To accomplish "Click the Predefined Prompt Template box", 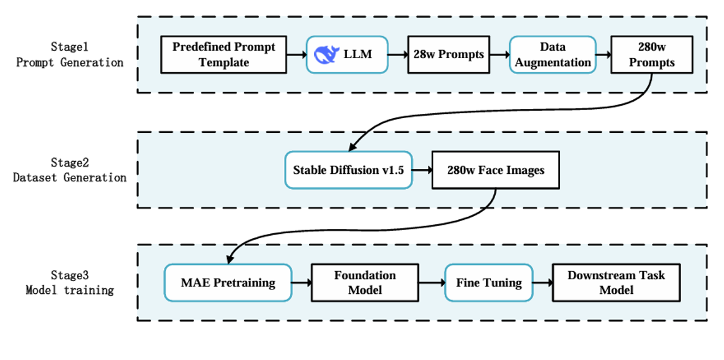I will [x=223, y=54].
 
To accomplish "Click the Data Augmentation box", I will [x=552, y=54].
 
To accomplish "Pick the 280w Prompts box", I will [x=651, y=54].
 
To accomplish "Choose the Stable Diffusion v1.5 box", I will [x=348, y=170].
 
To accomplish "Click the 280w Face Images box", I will [x=495, y=170].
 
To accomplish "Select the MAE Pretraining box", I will [x=228, y=283].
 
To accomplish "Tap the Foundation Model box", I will [x=364, y=283].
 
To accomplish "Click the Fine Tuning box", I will [x=488, y=283].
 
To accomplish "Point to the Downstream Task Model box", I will [x=616, y=283].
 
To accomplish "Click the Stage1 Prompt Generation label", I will [x=69, y=54].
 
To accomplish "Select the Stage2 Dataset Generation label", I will [x=69, y=170].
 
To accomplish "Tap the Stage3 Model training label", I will [x=69, y=283].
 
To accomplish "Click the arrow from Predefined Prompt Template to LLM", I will [x=296, y=55].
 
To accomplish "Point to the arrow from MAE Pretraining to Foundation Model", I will [x=300, y=283].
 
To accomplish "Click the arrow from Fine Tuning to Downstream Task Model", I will [x=542, y=283].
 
